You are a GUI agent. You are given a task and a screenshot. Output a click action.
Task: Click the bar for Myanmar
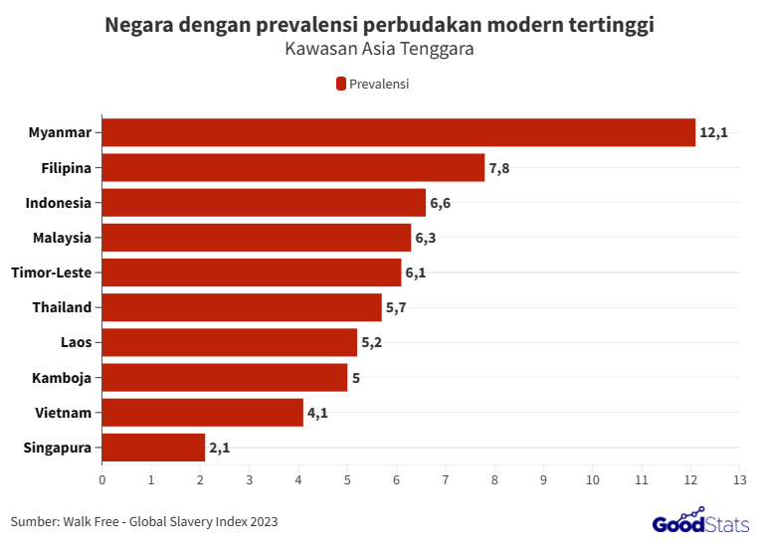click(398, 132)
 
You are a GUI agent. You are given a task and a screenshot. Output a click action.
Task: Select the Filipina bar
click(293, 167)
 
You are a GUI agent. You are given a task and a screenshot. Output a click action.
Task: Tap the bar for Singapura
click(153, 448)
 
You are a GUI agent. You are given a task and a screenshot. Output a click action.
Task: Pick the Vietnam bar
click(202, 412)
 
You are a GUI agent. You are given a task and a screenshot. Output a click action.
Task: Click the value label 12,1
click(713, 132)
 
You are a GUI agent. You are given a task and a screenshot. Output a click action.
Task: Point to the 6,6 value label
click(441, 203)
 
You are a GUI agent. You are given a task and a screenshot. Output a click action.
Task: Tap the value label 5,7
click(396, 307)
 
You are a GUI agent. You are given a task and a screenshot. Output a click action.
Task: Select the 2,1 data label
click(220, 448)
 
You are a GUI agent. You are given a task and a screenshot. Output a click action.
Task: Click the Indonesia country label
click(59, 203)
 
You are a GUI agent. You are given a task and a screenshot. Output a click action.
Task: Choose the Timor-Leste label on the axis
click(51, 273)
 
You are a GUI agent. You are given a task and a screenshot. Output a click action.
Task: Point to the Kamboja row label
click(62, 377)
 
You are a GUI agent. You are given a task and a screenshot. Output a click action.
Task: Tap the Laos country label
click(76, 342)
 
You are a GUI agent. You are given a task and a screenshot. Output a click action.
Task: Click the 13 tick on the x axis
click(738, 480)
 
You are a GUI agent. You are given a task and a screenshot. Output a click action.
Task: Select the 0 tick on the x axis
click(102, 480)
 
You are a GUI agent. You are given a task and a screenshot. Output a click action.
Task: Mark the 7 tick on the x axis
click(445, 480)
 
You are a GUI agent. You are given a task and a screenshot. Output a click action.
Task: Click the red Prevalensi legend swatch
click(340, 84)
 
